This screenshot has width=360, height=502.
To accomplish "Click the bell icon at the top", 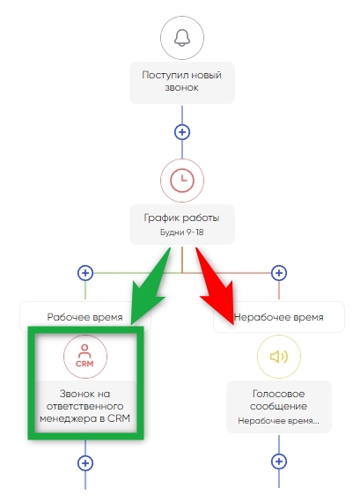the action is pyautogui.click(x=181, y=38).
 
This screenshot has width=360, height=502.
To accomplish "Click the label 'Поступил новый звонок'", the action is pyautogui.click(x=181, y=81).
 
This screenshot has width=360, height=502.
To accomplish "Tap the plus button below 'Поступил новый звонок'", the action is pyautogui.click(x=182, y=132).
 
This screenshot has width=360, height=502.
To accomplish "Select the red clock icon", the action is pyautogui.click(x=181, y=181).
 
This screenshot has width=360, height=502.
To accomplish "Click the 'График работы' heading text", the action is pyautogui.click(x=181, y=218).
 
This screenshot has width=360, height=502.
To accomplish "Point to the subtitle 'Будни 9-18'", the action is pyautogui.click(x=181, y=233).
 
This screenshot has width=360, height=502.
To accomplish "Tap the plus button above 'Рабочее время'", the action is pyautogui.click(x=85, y=273).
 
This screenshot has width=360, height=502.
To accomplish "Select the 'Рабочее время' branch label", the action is pyautogui.click(x=84, y=317).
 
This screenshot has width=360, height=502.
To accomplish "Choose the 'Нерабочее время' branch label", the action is pyautogui.click(x=279, y=317).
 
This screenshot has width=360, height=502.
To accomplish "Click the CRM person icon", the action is pyautogui.click(x=84, y=356).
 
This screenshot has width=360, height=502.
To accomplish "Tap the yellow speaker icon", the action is pyautogui.click(x=279, y=357).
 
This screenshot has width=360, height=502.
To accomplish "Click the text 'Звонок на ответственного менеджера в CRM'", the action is pyautogui.click(x=84, y=406).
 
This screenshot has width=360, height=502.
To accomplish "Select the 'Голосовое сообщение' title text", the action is pyautogui.click(x=279, y=400).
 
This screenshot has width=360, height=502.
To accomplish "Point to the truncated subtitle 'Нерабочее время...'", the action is pyautogui.click(x=279, y=421).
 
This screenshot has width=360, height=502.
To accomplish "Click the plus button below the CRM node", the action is pyautogui.click(x=85, y=463).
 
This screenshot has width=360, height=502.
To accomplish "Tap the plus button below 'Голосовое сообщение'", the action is pyautogui.click(x=279, y=461).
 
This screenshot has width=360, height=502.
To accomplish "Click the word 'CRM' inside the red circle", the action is pyautogui.click(x=84, y=364).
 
